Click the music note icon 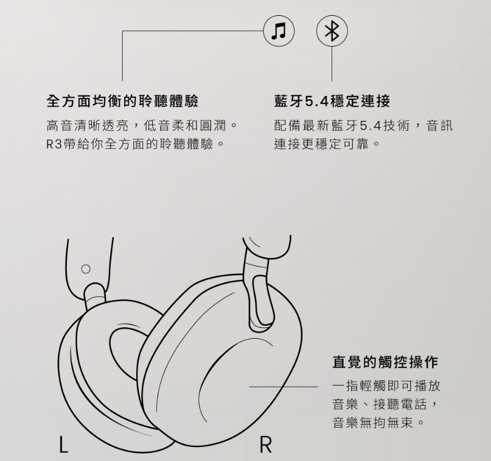[279, 30]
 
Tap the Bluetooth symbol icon [332, 30]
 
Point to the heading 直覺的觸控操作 [385, 362]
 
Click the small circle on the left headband [85, 268]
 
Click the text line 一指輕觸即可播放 [386, 386]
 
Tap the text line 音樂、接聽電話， [385, 404]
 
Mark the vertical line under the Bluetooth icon [332, 63]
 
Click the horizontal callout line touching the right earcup [283, 386]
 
